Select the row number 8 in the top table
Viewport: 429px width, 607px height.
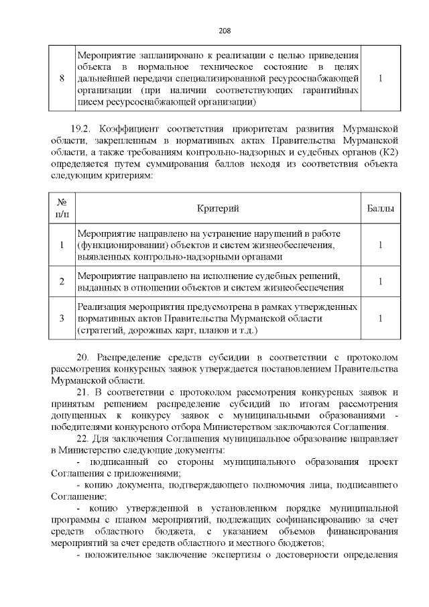(62, 78)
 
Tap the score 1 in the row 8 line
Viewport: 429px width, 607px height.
(380, 78)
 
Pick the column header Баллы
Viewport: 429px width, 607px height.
(380, 210)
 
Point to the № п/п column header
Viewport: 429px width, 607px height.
(62, 210)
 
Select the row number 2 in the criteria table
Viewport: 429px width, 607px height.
(62, 282)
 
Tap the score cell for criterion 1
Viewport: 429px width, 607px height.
(380, 245)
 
